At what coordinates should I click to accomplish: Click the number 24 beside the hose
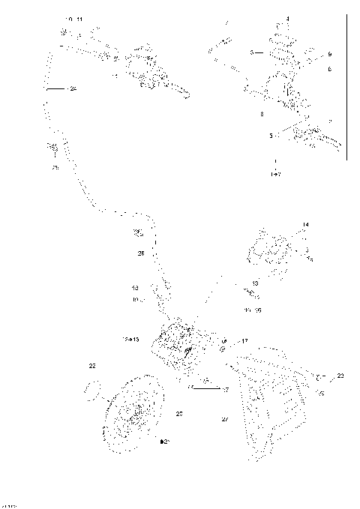click(73, 89)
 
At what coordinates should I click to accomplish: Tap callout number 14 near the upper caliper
click(305, 225)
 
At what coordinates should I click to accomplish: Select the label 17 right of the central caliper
click(244, 341)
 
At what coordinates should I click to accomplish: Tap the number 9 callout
click(329, 55)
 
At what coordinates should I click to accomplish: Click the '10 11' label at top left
click(75, 17)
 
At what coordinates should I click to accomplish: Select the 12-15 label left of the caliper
click(130, 340)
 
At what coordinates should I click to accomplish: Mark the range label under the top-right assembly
click(275, 174)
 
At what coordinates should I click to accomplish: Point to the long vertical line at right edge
click(347, 86)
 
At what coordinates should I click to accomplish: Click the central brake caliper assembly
click(177, 346)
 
